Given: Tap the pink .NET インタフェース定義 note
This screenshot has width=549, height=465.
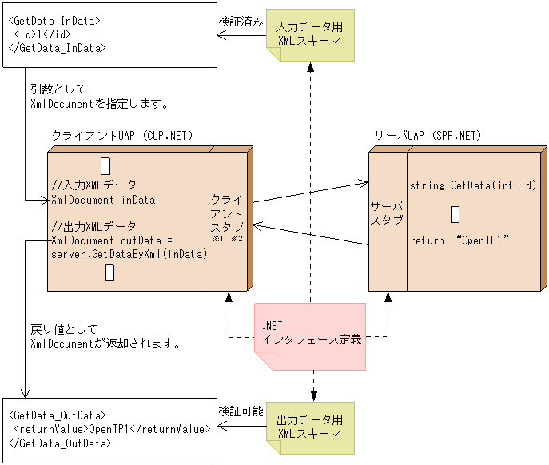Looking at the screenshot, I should (x=310, y=333).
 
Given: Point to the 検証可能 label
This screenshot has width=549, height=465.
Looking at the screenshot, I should (x=241, y=411).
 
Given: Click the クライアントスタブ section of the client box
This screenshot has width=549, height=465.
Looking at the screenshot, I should (x=227, y=212).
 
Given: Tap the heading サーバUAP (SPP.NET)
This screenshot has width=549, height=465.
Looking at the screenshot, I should (x=428, y=135).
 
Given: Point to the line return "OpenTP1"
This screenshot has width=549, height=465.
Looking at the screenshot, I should (x=459, y=240).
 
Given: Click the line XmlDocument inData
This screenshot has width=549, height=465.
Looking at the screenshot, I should (x=102, y=200).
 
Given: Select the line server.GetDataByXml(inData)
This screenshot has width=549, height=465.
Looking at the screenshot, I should (x=129, y=254).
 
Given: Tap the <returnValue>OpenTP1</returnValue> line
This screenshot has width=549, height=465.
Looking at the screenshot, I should (x=113, y=429).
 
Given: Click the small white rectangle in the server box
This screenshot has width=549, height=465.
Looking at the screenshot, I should (x=455, y=214).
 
